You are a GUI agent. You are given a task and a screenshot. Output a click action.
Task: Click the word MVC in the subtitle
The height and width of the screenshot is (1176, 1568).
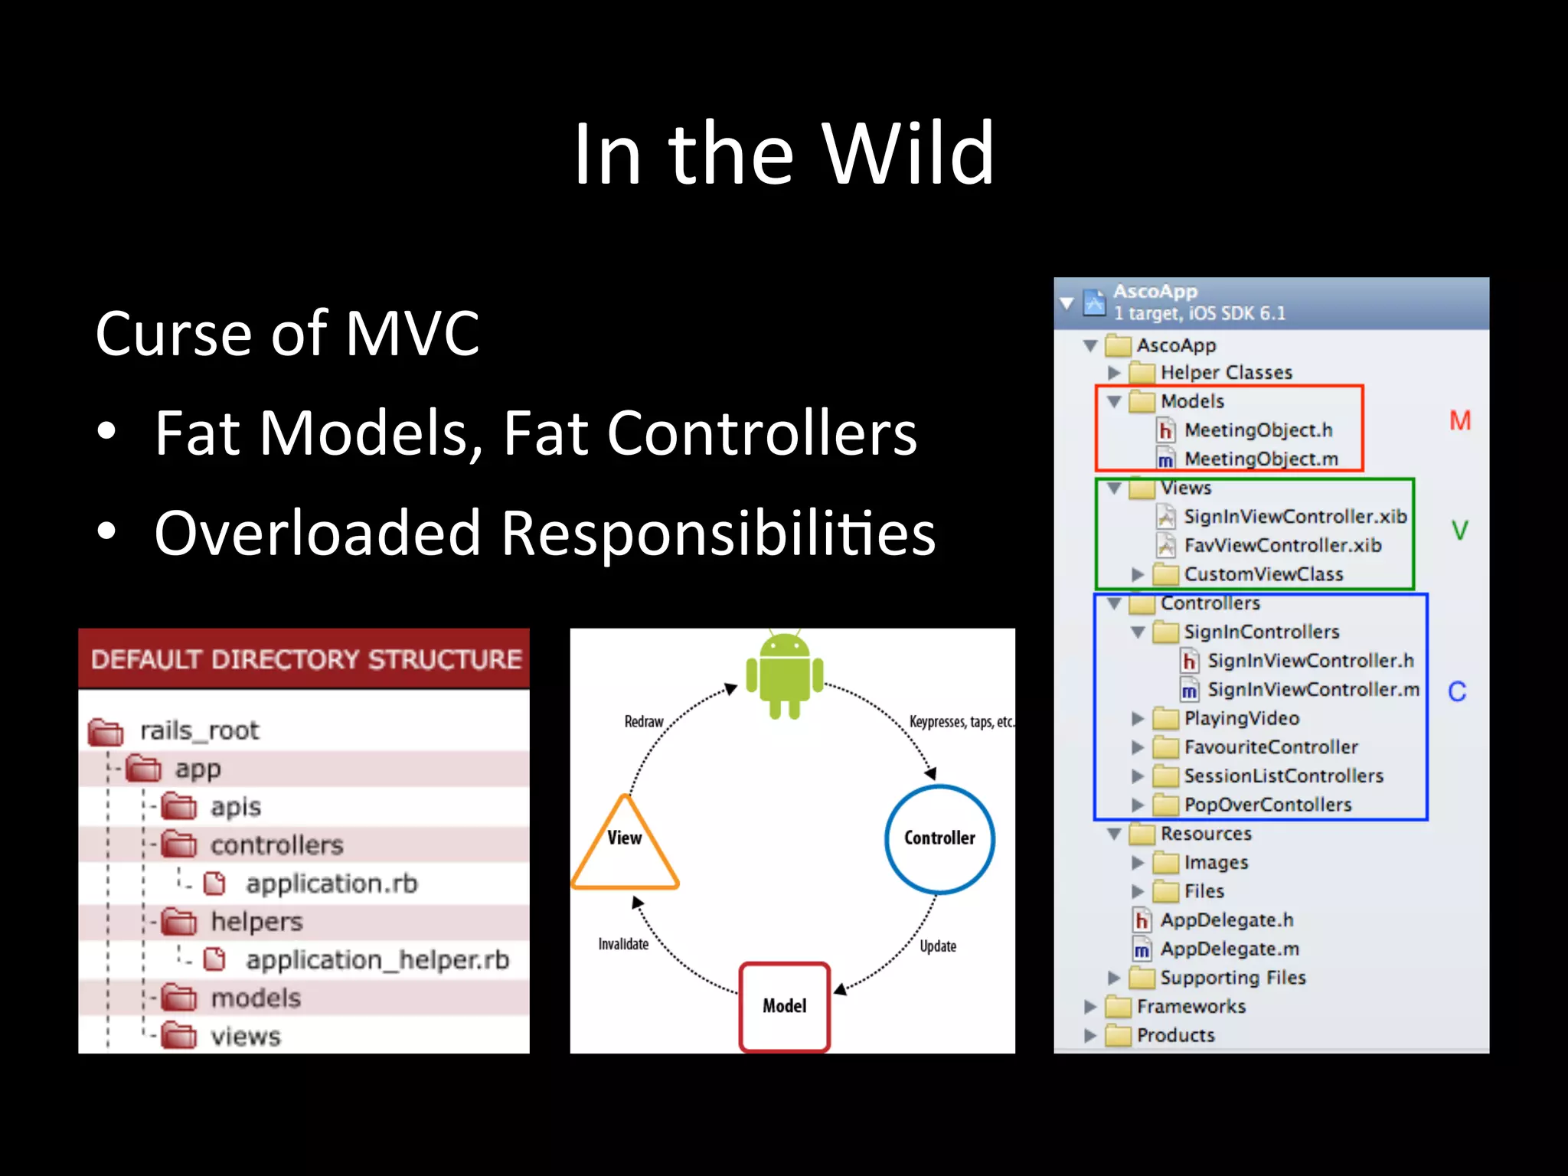coord(412,334)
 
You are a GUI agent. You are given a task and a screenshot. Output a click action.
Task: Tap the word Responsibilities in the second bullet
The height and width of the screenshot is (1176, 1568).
coord(717,533)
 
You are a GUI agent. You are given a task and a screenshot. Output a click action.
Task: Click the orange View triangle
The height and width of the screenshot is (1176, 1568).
coord(625,846)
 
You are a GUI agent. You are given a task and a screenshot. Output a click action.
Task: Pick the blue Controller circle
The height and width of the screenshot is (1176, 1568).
coord(939,838)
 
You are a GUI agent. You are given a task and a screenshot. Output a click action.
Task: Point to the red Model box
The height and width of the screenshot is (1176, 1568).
coord(784,1006)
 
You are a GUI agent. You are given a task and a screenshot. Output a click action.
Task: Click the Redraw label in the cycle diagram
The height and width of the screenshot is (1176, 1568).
coord(643,721)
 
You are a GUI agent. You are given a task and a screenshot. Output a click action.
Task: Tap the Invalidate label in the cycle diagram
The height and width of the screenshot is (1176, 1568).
coord(623,944)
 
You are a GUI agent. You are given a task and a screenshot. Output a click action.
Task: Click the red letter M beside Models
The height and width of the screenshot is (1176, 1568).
coord(1459,421)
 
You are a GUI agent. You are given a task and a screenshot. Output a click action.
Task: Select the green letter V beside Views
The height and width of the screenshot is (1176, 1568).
coord(1459,530)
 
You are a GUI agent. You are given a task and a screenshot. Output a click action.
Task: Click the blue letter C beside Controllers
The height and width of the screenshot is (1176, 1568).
coord(1457,692)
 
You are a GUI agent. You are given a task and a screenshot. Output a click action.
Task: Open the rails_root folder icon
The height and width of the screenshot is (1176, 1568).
coord(106,732)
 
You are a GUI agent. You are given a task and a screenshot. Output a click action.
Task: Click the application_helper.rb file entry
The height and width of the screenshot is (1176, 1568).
coord(377,960)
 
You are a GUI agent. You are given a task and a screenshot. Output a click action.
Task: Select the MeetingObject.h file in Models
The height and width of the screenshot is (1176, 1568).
coord(1257,430)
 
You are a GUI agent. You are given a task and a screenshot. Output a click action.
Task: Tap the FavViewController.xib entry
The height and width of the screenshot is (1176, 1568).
coord(1282,546)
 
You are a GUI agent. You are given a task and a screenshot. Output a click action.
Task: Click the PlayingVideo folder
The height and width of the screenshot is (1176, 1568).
coord(1240,718)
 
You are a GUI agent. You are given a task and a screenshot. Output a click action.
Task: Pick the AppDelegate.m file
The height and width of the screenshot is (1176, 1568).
coord(1229,949)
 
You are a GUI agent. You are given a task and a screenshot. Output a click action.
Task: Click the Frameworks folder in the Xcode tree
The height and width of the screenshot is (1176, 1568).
coord(1190,1007)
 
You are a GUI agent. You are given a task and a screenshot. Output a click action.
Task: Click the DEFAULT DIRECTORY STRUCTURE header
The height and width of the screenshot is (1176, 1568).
coord(305,659)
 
